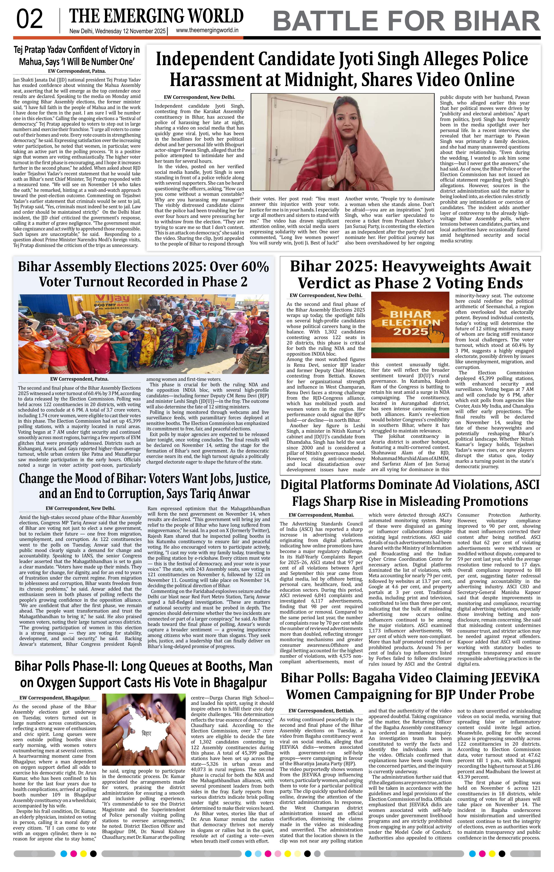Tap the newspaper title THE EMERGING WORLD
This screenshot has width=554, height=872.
coord(156,16)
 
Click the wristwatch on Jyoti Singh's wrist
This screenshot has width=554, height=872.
coord(331,180)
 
